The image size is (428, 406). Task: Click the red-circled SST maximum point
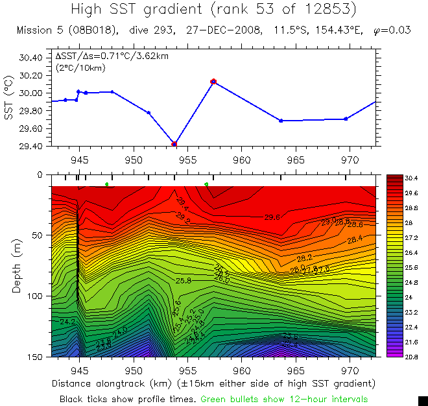tap(213, 82)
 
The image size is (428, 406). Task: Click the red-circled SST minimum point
tap(174, 144)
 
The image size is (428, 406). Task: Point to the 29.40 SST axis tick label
tap(30, 147)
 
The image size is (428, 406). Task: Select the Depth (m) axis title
tap(17, 266)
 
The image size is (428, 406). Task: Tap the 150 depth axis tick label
tap(34, 357)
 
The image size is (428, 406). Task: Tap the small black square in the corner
tap(422, 400)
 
